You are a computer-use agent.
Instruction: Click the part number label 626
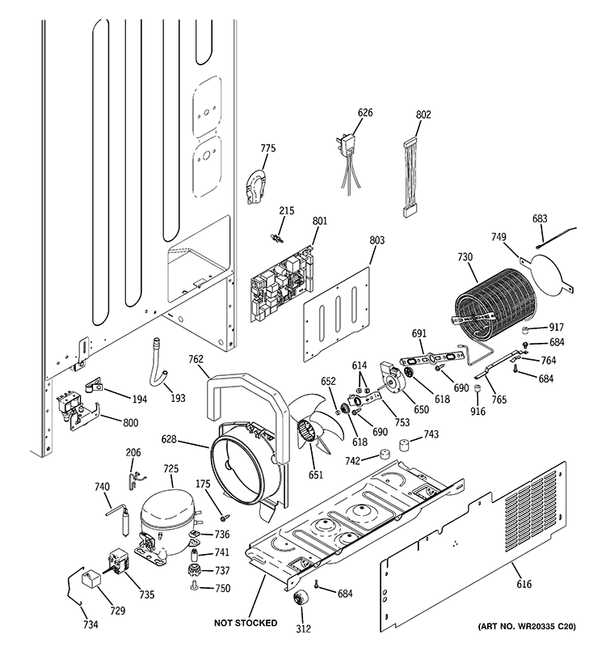pyautogui.click(x=365, y=112)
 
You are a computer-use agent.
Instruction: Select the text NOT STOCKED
pyautogui.click(x=246, y=624)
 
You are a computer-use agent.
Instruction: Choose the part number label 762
pyautogui.click(x=196, y=360)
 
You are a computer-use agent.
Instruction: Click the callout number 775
pyautogui.click(x=267, y=148)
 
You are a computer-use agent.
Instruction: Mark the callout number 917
pyautogui.click(x=555, y=328)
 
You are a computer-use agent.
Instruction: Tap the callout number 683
pyautogui.click(x=540, y=218)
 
